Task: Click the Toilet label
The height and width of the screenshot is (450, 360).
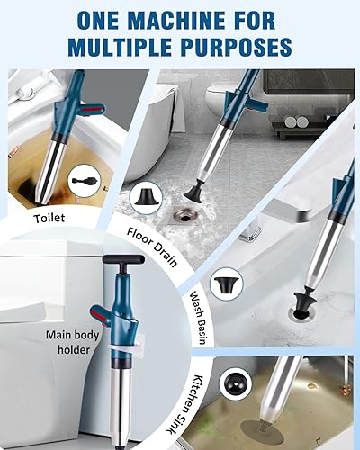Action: tap(49, 218)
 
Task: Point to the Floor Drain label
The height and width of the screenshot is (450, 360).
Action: tap(152, 247)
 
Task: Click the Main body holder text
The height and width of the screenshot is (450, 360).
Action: tap(73, 342)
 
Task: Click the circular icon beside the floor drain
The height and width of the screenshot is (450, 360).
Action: tap(146, 198)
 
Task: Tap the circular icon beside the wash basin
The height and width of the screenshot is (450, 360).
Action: tap(227, 283)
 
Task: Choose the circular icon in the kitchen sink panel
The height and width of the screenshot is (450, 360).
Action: tap(236, 382)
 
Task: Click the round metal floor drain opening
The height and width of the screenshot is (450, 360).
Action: tap(184, 215)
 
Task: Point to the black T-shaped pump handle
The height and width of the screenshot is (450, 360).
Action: tap(123, 261)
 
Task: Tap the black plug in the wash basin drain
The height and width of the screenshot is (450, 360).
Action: tap(304, 303)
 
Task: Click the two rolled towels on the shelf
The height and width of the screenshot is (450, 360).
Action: tap(296, 121)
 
